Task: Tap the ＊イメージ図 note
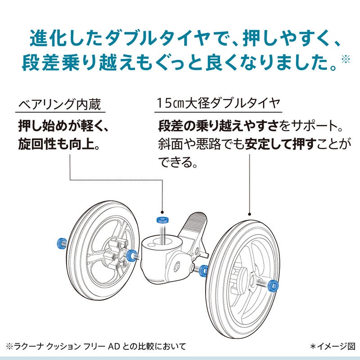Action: pos(333,346)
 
